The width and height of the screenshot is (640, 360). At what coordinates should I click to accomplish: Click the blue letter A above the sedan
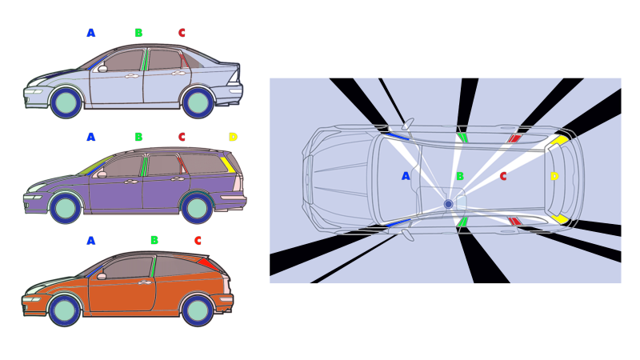tap(91, 33)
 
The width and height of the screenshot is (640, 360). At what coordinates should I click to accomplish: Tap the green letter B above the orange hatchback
tap(154, 240)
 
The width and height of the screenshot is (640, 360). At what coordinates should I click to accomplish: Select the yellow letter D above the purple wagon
tap(233, 137)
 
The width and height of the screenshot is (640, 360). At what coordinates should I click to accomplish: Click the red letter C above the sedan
tap(182, 33)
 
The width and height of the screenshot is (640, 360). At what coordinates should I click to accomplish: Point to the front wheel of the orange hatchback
tap(65, 310)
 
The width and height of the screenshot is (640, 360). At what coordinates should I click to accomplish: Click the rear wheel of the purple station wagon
tap(197, 207)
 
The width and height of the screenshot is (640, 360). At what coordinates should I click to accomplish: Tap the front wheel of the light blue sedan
tap(66, 102)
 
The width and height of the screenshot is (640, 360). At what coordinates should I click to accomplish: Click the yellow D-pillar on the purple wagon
tap(228, 164)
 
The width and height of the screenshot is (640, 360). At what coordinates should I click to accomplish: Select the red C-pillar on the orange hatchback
tap(207, 263)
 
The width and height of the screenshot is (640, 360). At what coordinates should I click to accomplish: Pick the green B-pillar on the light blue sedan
tap(145, 60)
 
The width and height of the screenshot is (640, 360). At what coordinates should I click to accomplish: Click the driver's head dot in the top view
tap(448, 204)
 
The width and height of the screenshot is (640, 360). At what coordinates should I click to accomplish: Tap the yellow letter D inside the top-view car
tap(554, 176)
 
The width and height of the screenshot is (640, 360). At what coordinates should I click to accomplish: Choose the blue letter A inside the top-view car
tap(406, 176)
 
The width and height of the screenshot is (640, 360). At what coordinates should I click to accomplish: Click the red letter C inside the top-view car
tap(503, 176)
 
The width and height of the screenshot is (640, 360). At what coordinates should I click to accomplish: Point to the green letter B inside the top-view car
tap(460, 176)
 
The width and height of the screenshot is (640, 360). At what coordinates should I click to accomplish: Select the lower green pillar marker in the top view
tap(462, 222)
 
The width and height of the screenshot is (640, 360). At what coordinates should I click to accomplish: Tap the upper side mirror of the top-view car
tap(408, 124)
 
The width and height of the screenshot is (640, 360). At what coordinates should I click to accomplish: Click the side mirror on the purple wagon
tap(101, 174)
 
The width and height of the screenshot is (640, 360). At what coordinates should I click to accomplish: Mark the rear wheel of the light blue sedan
tap(198, 102)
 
